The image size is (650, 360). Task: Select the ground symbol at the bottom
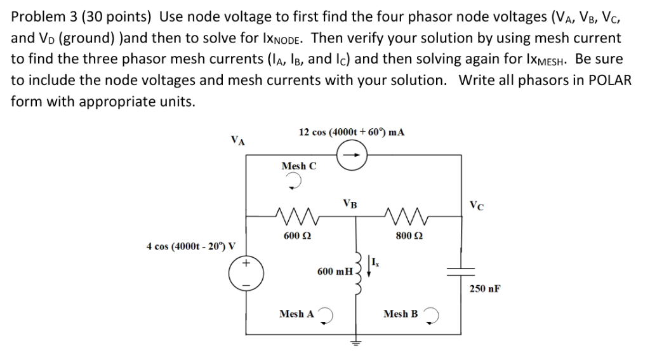pyautogui.click(x=357, y=343)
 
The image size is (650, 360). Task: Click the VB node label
pyautogui.click(x=349, y=204)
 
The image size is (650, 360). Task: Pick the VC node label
pyautogui.click(x=477, y=204)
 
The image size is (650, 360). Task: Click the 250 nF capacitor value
pyautogui.click(x=486, y=288)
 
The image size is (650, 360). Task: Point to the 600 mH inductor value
pyautogui.click(x=335, y=271)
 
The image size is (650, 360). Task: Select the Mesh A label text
pyautogui.click(x=296, y=314)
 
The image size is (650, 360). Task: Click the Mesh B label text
pyautogui.click(x=401, y=314)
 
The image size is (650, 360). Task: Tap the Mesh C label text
pyautogui.click(x=298, y=166)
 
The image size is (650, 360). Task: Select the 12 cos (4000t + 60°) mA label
pyautogui.click(x=352, y=132)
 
